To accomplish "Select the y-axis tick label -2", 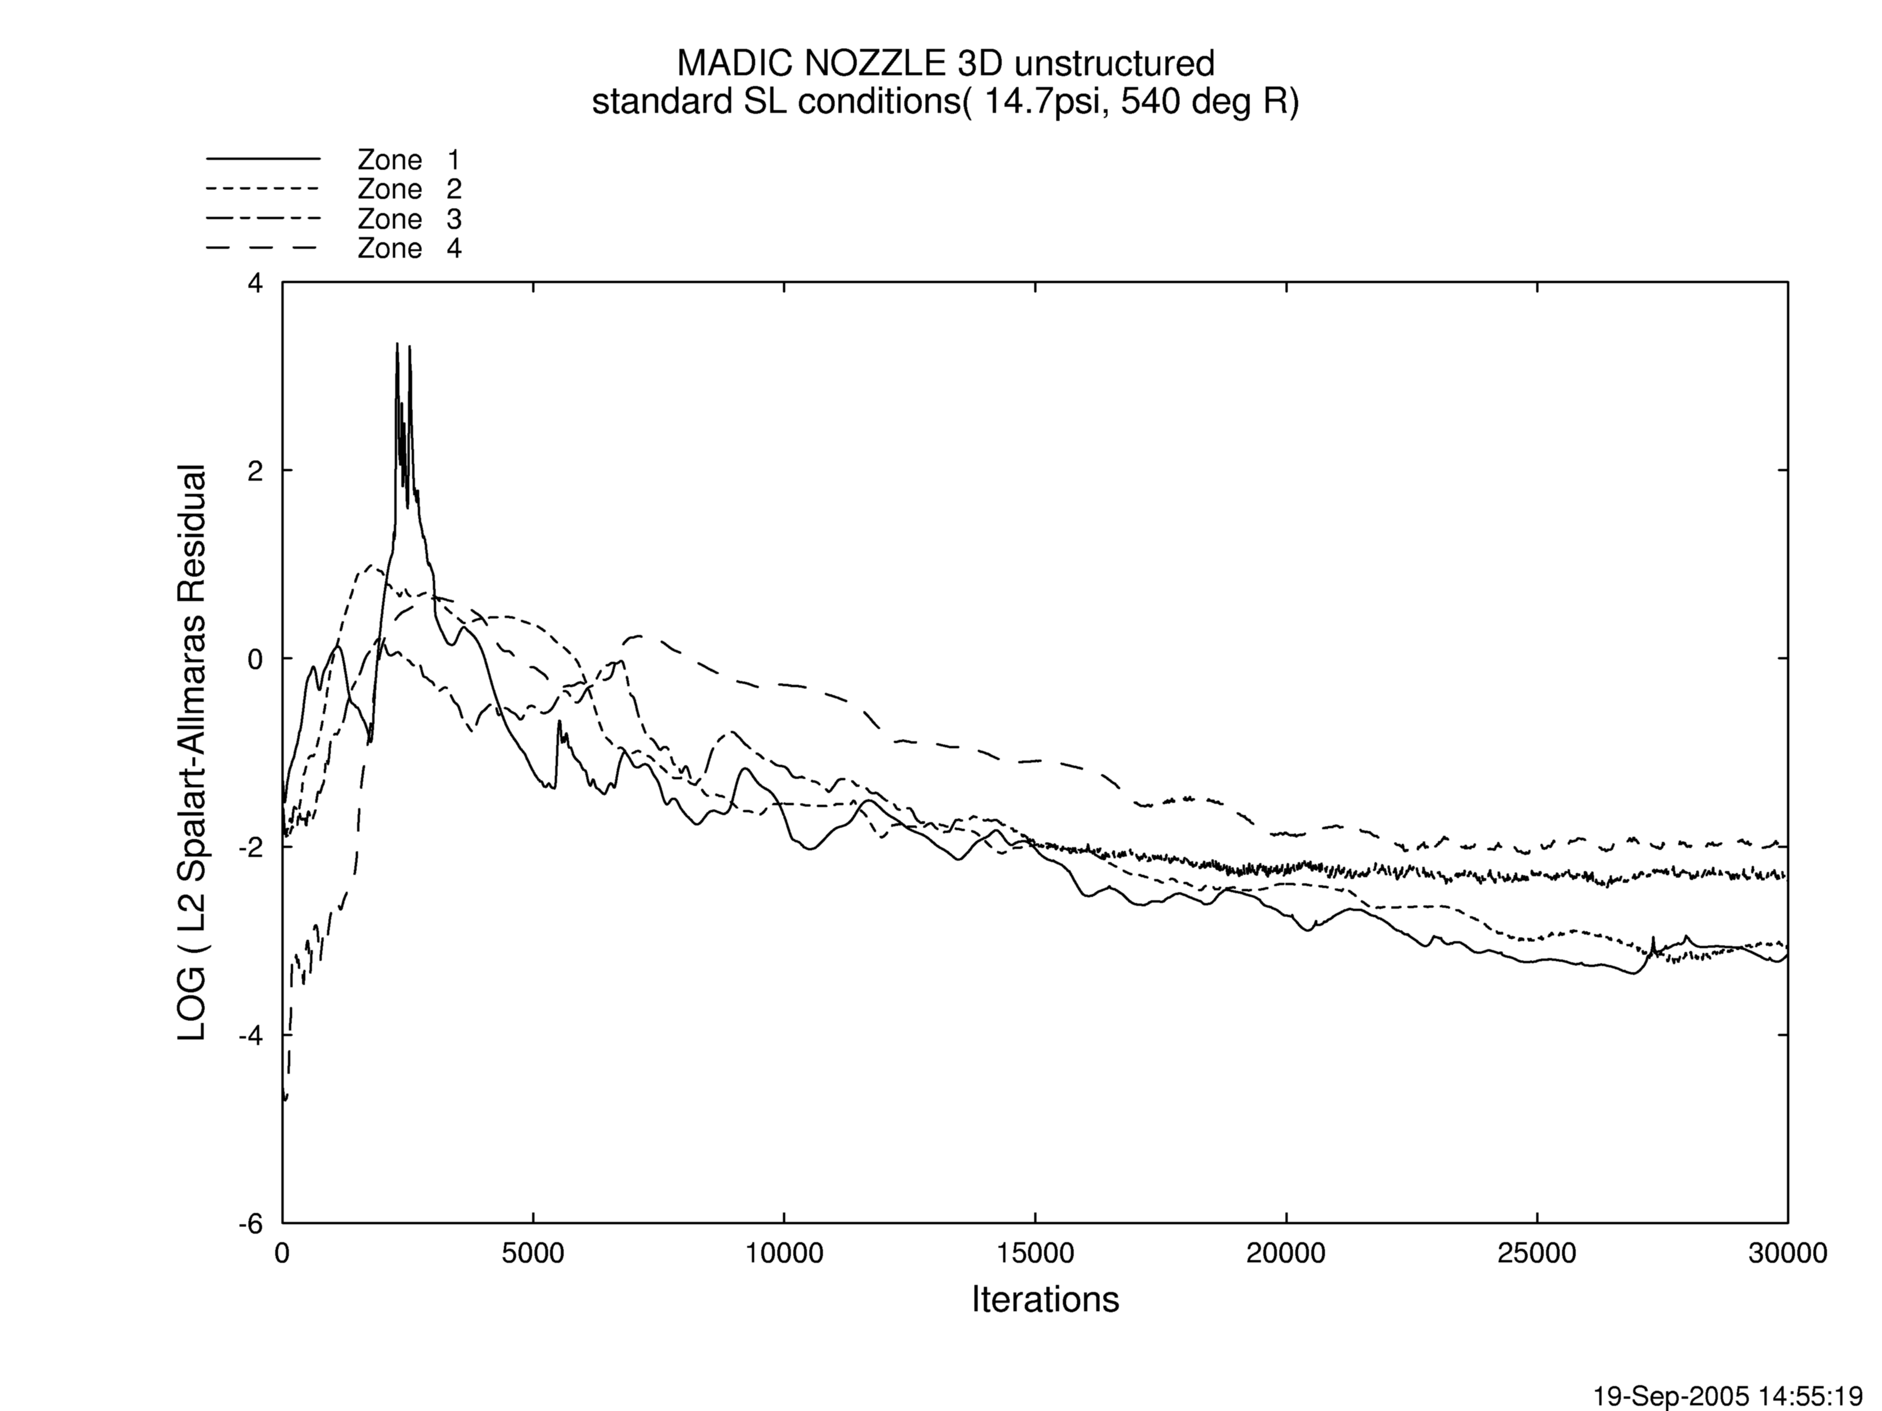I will click(x=250, y=848).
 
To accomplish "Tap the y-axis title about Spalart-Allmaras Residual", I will click(x=192, y=753).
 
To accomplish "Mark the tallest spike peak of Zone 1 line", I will click(x=397, y=344).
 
